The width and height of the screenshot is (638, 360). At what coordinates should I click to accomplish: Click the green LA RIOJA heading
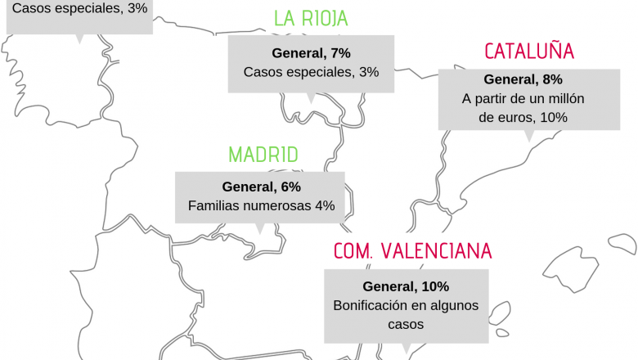pyautogui.click(x=311, y=19)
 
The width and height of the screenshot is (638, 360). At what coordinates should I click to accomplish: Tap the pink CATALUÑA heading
pyautogui.click(x=529, y=52)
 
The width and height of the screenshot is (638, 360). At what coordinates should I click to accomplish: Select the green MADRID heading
pyautogui.click(x=263, y=155)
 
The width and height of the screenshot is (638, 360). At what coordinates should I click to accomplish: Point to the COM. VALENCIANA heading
pyautogui.click(x=412, y=251)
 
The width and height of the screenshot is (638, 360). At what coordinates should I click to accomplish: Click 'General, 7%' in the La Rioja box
pyautogui.click(x=311, y=53)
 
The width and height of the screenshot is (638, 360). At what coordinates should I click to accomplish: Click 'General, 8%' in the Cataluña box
pyautogui.click(x=523, y=79)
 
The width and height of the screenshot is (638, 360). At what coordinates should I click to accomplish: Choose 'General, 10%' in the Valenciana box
pyautogui.click(x=406, y=286)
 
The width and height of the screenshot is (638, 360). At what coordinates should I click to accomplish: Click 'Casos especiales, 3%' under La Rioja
pyautogui.click(x=311, y=72)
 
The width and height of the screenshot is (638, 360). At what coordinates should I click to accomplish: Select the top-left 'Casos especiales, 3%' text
pyautogui.click(x=79, y=9)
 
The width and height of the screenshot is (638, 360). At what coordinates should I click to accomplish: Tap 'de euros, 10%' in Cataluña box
pyautogui.click(x=523, y=117)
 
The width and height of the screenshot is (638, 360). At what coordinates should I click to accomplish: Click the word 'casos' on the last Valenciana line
pyautogui.click(x=406, y=324)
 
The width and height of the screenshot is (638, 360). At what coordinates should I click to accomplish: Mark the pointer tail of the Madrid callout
pyautogui.click(x=260, y=228)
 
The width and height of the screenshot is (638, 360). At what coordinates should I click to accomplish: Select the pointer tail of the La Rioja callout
pyautogui.click(x=310, y=98)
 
